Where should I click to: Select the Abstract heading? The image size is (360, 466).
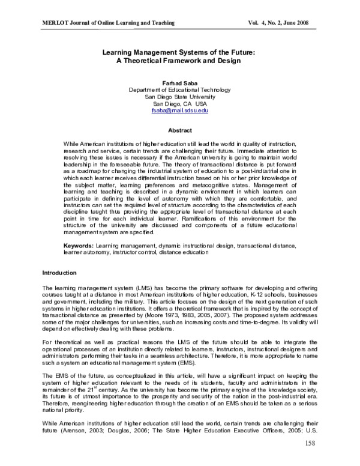179,130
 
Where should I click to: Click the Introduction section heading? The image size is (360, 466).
59,273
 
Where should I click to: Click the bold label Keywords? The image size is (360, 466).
80,246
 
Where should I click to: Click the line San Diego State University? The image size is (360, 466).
179,97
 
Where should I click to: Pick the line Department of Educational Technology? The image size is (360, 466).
179,89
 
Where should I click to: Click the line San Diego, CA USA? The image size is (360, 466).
179,104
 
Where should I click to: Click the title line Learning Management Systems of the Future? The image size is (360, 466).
179,52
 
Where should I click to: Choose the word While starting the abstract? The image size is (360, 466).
72,145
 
